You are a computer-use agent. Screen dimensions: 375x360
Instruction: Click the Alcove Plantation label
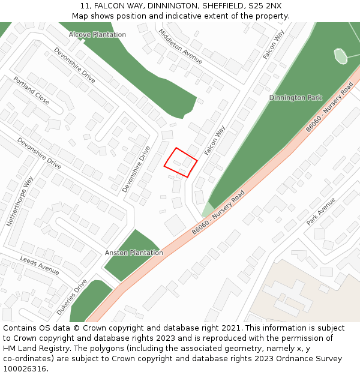point(97,34)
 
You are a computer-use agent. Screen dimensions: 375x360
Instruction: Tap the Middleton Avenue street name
point(181,46)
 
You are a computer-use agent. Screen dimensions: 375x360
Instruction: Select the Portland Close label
point(31,90)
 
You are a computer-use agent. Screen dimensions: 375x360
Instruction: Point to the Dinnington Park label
point(295,98)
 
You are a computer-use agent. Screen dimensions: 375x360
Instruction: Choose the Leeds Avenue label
point(40,265)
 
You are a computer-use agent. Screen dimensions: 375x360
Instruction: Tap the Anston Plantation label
point(134,253)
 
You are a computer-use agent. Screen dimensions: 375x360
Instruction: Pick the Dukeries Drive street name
point(72,297)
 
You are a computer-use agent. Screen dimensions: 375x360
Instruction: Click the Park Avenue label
point(321,211)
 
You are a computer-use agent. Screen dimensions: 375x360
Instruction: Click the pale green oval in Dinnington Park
point(340,56)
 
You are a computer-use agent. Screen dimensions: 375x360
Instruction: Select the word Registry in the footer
point(55,349)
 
